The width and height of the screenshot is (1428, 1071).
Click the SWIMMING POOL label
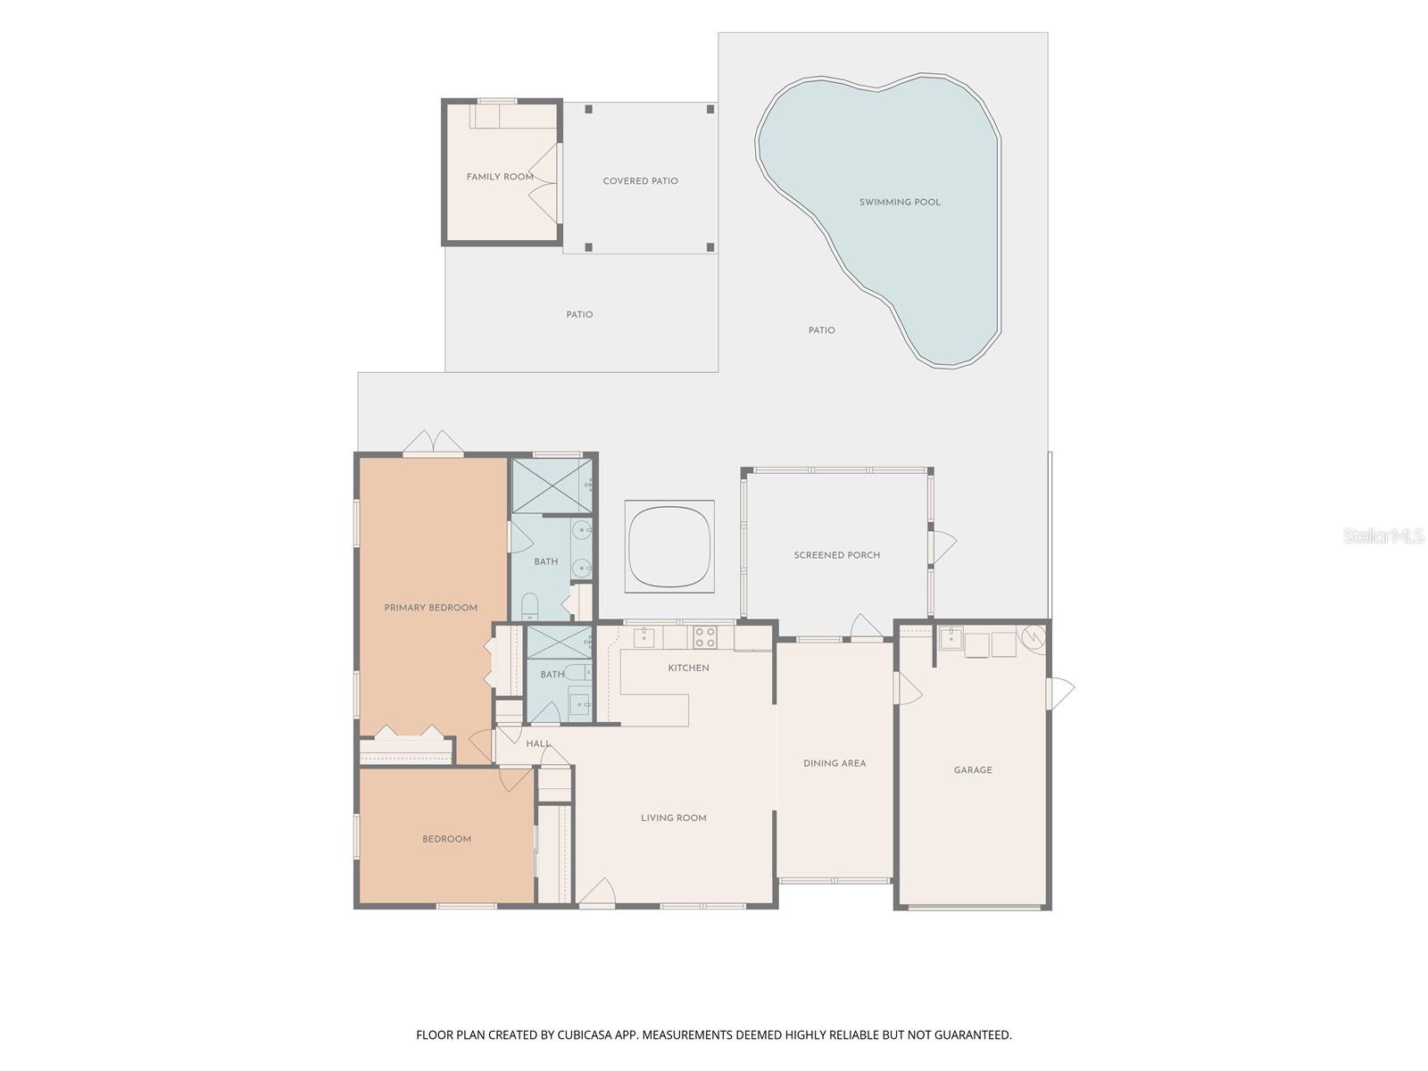[x=899, y=203]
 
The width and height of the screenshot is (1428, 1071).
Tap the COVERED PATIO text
[x=640, y=181]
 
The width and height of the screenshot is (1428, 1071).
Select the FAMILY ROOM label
[x=500, y=177]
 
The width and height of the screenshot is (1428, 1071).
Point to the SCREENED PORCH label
[x=836, y=555]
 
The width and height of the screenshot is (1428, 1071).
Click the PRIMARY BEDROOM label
[x=431, y=608]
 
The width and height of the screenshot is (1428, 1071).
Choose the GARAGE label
[x=973, y=770]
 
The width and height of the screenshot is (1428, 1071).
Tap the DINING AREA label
[x=834, y=763]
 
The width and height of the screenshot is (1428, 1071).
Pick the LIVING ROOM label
[x=673, y=818]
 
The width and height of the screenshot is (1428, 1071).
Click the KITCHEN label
[x=688, y=668]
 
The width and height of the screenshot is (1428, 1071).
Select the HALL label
[x=538, y=744]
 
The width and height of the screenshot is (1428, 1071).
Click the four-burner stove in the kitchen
[x=704, y=636]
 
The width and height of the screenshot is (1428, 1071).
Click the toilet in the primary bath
[x=530, y=606]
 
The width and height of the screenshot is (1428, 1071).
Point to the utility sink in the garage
[x=951, y=638]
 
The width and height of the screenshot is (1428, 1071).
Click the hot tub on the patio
[x=669, y=546]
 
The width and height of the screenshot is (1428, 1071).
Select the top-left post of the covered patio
[x=588, y=109]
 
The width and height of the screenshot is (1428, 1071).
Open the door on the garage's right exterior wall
[x=1059, y=693]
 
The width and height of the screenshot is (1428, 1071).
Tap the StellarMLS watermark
[x=1382, y=535]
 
